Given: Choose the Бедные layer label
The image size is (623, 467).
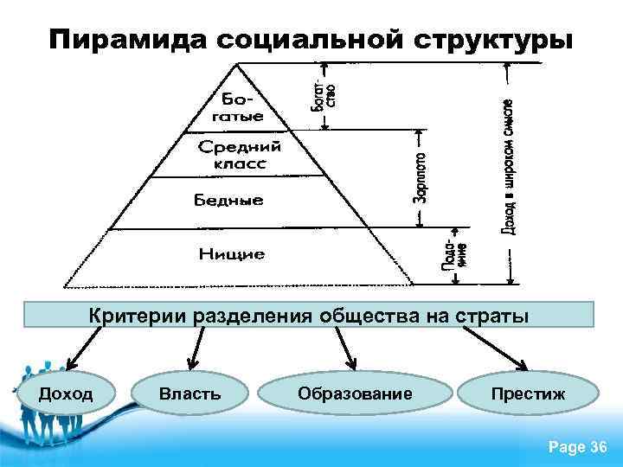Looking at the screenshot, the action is tap(228, 201).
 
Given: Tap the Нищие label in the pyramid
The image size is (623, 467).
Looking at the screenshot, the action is tap(232, 254).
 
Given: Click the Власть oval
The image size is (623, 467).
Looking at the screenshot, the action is tap(190, 394).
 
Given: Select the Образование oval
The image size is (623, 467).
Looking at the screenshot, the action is tap(355, 394).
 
